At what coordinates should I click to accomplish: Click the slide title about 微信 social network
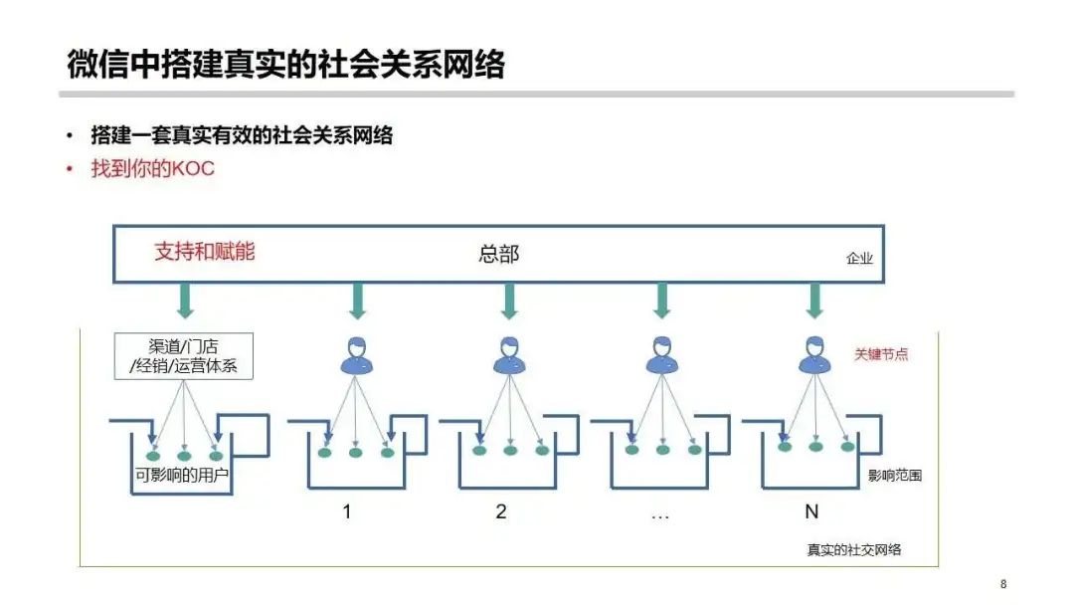[x=285, y=65]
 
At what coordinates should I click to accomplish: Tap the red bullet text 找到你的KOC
[x=153, y=168]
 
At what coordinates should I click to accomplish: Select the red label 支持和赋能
[x=204, y=252]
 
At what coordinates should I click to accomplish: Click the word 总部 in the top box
[x=498, y=254]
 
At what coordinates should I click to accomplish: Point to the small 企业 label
[x=859, y=259]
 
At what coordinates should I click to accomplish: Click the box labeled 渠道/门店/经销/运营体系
[x=184, y=356]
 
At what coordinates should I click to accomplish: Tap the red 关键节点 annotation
[x=881, y=354]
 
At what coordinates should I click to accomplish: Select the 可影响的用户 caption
[x=182, y=475]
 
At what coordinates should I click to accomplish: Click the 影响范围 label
[x=895, y=475]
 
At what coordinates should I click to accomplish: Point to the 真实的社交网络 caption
[x=854, y=549]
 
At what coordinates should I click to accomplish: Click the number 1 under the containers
[x=347, y=511]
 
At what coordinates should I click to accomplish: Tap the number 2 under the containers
[x=500, y=511]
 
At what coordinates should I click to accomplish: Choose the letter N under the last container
[x=811, y=511]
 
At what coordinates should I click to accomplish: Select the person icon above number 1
[x=357, y=355]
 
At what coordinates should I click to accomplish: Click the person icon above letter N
[x=814, y=355]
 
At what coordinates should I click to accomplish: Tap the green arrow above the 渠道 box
[x=186, y=301]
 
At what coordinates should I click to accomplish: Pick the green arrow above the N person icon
[x=814, y=301]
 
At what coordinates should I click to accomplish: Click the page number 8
[x=1003, y=584]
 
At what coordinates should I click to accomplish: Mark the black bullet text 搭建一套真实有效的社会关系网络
[x=242, y=135]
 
